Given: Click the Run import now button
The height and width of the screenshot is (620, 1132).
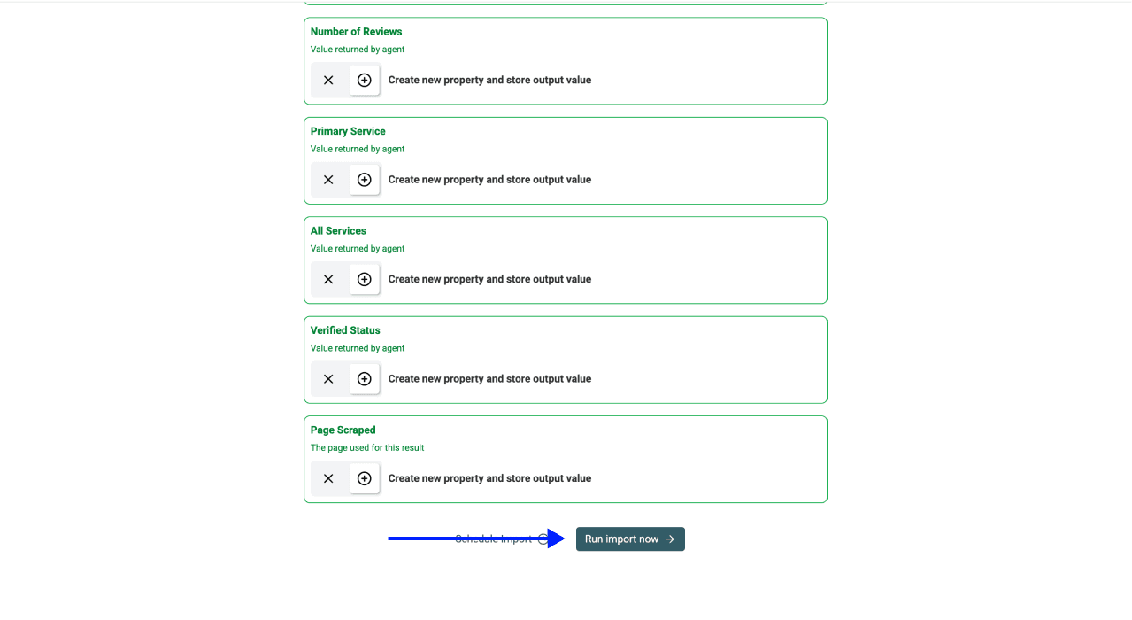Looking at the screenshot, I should (629, 539).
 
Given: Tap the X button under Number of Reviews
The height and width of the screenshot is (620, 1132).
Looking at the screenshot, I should (328, 80).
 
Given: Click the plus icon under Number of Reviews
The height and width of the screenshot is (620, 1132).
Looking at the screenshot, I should (364, 80).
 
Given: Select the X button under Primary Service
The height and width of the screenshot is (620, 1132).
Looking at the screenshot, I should (328, 180).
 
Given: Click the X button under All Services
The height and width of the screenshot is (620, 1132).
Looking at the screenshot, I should (328, 279).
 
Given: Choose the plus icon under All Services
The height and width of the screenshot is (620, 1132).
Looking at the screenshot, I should (364, 279).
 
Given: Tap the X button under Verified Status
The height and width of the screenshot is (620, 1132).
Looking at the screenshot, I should (328, 379).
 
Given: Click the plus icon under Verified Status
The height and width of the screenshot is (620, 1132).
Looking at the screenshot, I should (364, 379).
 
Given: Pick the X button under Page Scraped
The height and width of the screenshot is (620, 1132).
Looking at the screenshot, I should (328, 478).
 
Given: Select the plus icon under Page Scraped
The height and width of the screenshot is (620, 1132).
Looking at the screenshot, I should (364, 478).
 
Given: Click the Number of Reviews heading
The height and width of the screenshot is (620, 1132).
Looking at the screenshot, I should (356, 32).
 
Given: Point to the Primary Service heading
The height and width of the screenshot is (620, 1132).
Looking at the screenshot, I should (348, 131).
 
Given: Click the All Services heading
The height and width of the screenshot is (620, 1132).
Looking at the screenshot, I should (338, 231).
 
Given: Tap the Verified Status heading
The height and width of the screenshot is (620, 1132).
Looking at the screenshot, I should (345, 330).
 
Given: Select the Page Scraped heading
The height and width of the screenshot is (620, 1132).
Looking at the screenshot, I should (343, 430).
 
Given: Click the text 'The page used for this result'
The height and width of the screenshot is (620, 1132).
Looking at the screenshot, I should (367, 448).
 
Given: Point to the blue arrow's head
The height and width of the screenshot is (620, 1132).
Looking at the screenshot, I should (558, 539).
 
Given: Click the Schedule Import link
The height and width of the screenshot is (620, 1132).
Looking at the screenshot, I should (493, 539).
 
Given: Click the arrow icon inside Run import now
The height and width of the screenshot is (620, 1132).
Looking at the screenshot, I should (670, 539).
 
